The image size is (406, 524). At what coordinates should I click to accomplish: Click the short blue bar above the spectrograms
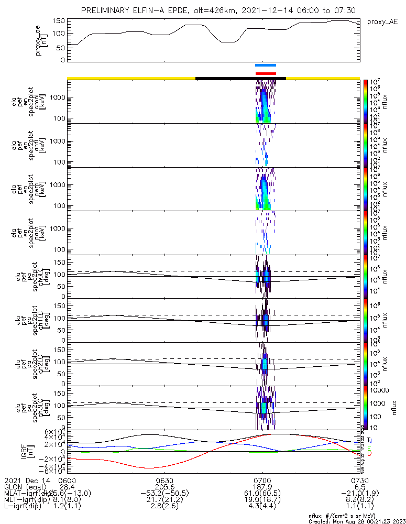[x=265, y=65]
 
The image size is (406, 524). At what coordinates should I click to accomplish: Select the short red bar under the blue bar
[x=266, y=73]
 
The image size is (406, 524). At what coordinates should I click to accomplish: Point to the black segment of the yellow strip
[x=240, y=78]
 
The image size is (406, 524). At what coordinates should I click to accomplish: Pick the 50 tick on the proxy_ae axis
[x=61, y=47]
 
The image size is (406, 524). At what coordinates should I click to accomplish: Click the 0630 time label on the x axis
[x=164, y=480]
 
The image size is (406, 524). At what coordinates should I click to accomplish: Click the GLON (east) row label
[x=26, y=487]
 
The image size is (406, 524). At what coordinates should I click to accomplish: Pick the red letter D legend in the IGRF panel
[x=370, y=453]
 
